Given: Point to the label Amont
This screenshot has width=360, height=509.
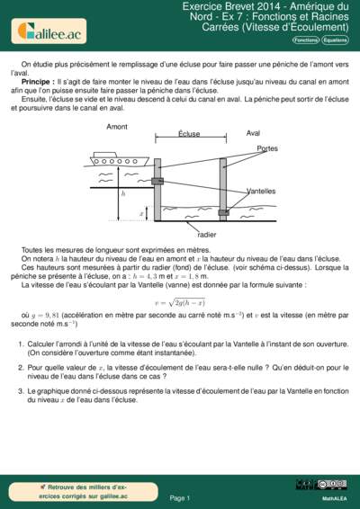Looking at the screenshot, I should (x=117, y=128).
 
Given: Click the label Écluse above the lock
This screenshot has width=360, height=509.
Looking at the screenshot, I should (x=189, y=133).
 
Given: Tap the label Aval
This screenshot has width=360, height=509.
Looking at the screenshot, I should (x=254, y=133).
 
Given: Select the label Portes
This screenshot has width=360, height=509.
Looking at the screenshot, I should (x=266, y=147).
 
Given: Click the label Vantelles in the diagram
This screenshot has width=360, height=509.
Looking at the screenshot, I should (x=262, y=192).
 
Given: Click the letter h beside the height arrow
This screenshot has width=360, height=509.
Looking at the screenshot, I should (x=123, y=194).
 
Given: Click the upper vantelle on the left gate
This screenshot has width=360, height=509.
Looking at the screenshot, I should (x=157, y=182).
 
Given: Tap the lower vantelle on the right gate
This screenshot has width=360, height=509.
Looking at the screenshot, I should (x=224, y=212).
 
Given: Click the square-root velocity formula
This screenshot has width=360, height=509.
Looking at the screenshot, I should (x=180, y=302).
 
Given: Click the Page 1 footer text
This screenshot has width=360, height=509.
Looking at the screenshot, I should (x=179, y=496).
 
